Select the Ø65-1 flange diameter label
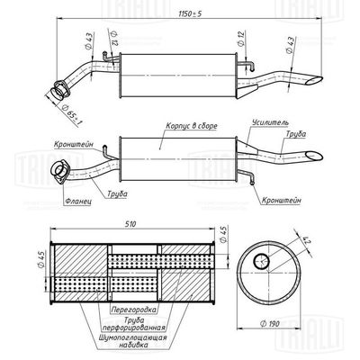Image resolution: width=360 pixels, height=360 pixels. point(76,111)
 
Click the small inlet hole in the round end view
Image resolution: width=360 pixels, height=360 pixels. point(261,261)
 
